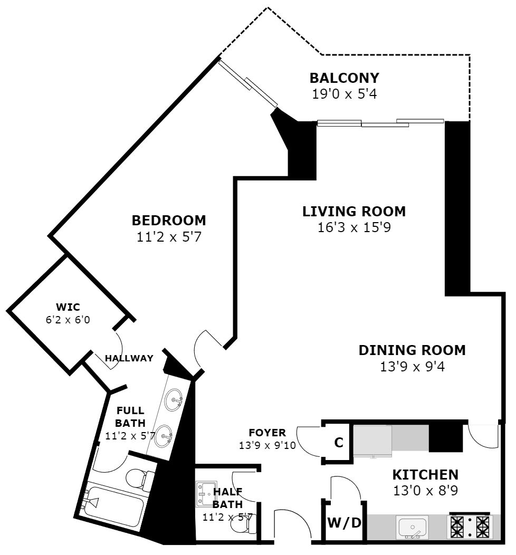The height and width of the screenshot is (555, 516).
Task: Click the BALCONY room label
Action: (344, 78)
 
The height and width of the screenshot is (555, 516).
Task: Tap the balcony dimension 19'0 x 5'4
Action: (344, 94)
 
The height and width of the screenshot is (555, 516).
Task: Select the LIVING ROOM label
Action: (354, 212)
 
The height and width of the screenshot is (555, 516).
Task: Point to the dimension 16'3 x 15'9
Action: (354, 227)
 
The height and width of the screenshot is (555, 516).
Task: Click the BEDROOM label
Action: (169, 221)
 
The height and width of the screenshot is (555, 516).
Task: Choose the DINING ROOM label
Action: (412, 350)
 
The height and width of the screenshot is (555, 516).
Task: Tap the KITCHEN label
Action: (425, 475)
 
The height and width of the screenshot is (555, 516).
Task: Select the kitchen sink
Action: (413, 527)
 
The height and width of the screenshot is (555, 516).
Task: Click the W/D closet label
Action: (345, 522)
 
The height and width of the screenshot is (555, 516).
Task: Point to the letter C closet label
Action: (339, 443)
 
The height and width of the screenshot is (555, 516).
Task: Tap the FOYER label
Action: (267, 433)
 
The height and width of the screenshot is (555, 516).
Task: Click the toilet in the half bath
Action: (243, 525)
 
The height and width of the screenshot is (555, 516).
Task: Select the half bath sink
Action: (206, 493)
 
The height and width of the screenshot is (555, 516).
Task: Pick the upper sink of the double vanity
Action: (174, 400)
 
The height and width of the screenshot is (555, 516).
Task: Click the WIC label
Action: (68, 307)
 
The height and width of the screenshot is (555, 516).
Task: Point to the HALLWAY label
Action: (129, 358)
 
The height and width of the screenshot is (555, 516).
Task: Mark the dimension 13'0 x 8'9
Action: (425, 491)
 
